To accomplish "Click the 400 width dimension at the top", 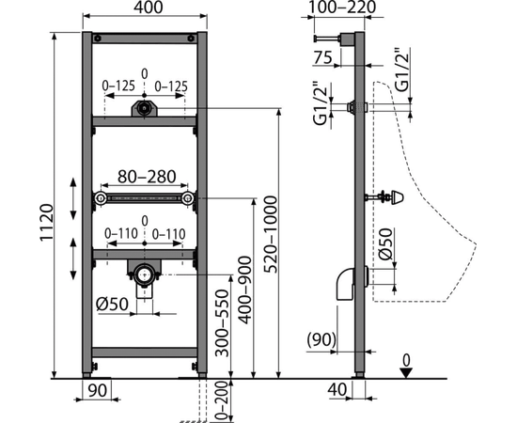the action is (x=148, y=8).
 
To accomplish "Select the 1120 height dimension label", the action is (x=46, y=223).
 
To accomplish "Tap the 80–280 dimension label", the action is (x=147, y=177).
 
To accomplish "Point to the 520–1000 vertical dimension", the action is (x=272, y=234).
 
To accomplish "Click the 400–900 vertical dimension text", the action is (x=245, y=290).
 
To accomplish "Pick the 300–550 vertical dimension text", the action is (x=222, y=323).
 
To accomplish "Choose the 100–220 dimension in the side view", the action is (x=341, y=8).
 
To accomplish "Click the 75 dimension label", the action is (x=322, y=58).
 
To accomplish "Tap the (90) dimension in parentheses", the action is (x=321, y=340).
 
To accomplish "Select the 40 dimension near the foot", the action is (x=337, y=390).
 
